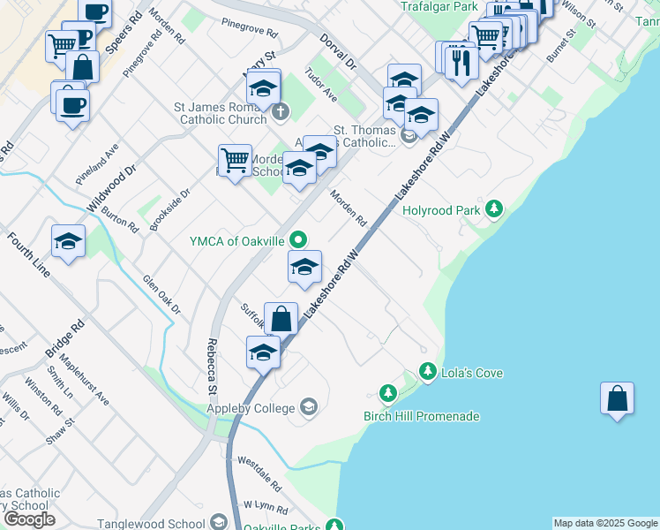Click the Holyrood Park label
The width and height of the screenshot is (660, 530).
[440, 210]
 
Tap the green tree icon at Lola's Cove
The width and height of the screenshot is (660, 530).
[428, 373]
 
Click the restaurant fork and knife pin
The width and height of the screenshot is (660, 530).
[461, 61]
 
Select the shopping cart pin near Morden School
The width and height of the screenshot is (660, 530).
[236, 161]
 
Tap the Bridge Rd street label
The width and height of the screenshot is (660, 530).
[64, 339]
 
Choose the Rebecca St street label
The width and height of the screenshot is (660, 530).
[213, 366]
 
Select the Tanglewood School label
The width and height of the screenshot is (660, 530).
[146, 524]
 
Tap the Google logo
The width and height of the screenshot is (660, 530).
[29, 519]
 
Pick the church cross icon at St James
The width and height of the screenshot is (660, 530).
[280, 111]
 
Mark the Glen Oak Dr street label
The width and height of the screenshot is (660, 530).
[161, 295]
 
